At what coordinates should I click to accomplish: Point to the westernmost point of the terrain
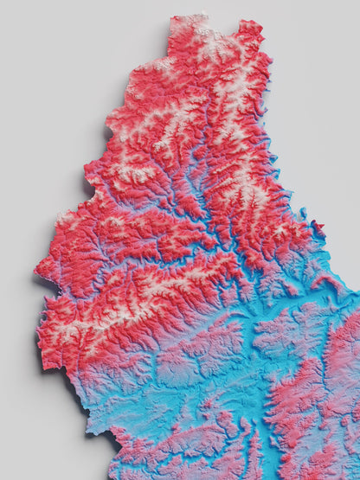(36, 275)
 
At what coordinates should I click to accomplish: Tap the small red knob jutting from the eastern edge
(318, 227)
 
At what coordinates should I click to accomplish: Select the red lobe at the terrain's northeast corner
(251, 35)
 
